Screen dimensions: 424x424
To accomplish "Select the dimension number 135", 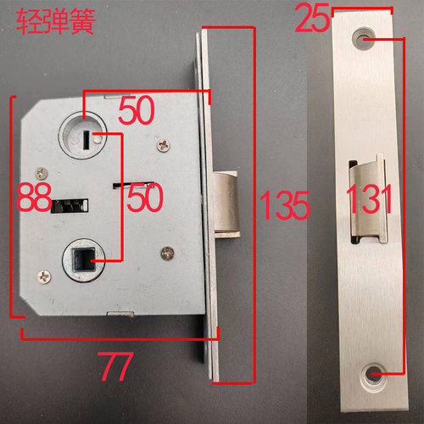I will [x=283, y=204].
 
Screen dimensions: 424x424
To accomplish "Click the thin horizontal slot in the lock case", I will [x=133, y=181].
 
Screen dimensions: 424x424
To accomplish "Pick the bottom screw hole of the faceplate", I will [x=372, y=372].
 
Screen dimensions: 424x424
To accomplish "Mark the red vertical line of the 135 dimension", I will [x=253, y=204].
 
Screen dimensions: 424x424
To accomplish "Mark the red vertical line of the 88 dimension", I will [x=11, y=208].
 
